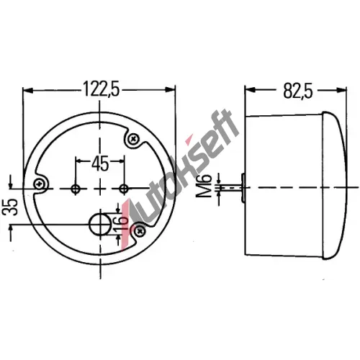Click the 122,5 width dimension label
coord(102,89)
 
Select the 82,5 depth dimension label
coord(298,91)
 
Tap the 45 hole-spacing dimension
coord(100,164)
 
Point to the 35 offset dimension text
coord(12,207)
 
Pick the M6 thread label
coord(204,186)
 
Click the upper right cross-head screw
coord(133,139)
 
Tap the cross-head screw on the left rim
coord(40,184)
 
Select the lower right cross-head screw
coord(139,231)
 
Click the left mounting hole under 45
coord(76,189)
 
